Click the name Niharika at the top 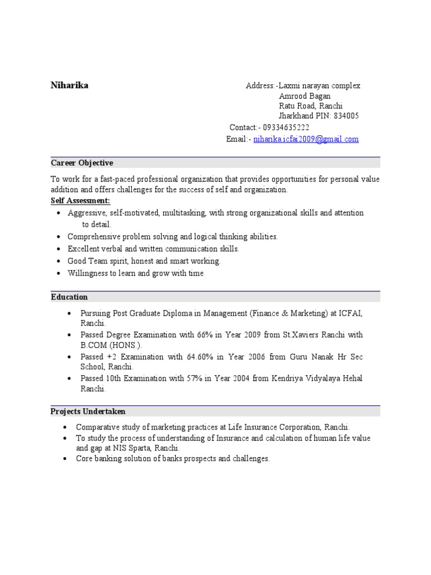tap(69, 85)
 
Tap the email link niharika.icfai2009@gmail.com tap(305, 139)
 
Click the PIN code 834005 tap(346, 116)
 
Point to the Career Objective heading tap(82, 163)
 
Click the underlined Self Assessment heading tap(80, 201)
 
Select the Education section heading tap(69, 297)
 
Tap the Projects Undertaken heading tap(88, 412)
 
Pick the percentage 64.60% tap(198, 357)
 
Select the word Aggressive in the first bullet tap(87, 213)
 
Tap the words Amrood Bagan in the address tap(305, 96)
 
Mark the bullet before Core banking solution tap(67, 459)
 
